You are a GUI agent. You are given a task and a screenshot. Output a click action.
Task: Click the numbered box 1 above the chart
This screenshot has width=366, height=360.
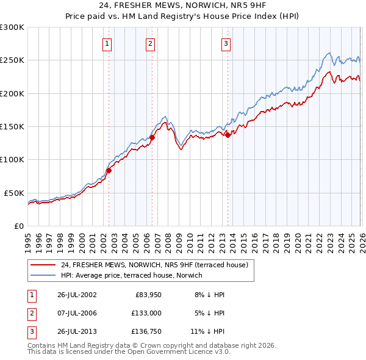click(x=107, y=43)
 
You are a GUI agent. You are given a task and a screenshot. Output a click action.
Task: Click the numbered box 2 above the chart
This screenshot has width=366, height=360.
click(x=150, y=43)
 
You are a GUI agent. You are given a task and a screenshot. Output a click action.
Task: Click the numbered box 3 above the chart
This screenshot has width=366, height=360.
click(x=226, y=43)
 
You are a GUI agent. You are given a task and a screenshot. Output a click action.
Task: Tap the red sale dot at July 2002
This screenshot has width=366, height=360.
click(x=109, y=171)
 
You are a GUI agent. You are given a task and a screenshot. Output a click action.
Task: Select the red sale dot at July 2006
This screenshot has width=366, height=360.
click(x=152, y=138)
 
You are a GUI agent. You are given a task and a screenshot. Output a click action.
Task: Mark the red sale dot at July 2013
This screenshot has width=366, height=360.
click(x=228, y=135)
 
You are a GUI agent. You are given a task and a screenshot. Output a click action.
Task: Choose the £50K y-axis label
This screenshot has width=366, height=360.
click(x=14, y=192)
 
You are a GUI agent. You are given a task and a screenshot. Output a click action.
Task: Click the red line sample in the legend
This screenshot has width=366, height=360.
click(x=43, y=265)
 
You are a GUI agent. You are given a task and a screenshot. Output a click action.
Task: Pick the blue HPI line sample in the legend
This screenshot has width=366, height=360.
click(x=43, y=275)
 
